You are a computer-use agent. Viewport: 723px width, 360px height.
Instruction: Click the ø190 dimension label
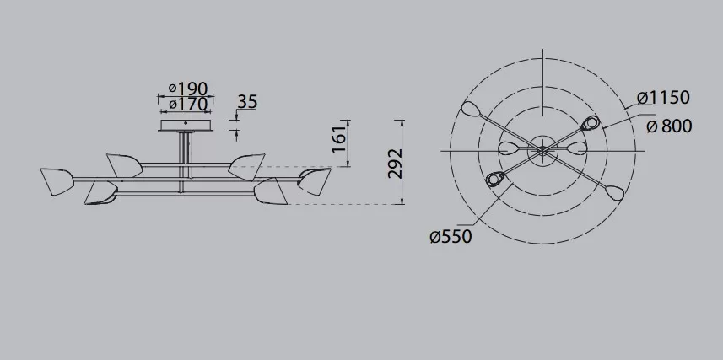click(188, 89)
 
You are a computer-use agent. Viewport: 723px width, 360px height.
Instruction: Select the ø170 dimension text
click(188, 105)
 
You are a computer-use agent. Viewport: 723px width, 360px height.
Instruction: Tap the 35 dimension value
click(247, 102)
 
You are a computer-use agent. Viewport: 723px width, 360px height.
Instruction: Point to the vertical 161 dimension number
click(339, 138)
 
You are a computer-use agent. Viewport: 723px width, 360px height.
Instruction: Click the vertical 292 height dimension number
click(395, 164)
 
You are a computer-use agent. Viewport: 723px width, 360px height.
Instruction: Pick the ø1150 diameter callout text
click(663, 98)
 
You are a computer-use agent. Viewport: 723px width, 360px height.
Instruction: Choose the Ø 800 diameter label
click(669, 126)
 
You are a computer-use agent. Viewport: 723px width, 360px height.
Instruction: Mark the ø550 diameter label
click(451, 237)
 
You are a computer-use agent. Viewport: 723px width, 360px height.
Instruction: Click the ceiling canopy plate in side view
click(186, 126)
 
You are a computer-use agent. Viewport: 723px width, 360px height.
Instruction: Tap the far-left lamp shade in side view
click(57, 181)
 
